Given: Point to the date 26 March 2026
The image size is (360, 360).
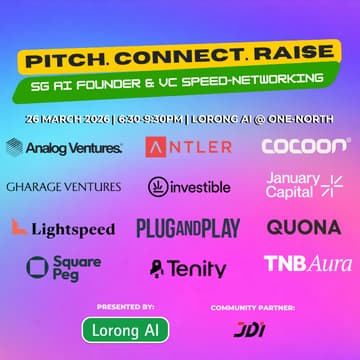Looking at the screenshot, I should tap(66, 118).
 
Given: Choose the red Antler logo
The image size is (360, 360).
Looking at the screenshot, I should tap(189, 148).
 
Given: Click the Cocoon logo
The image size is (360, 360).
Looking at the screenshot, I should tap(306, 147).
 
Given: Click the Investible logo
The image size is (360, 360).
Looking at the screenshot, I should tap(189, 187).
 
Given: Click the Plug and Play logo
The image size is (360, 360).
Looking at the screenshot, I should tap(188, 228).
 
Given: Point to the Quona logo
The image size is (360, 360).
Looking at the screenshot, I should tap(303, 227).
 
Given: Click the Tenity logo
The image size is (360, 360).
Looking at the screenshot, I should tap(188, 268).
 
